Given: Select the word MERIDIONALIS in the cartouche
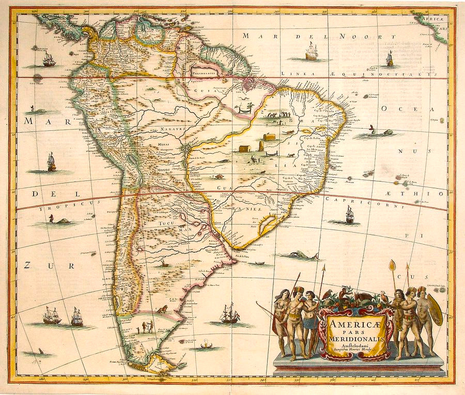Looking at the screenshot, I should click(348, 338).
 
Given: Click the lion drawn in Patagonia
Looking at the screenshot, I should click(162, 309).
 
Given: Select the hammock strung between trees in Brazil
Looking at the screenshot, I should click(243, 109).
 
